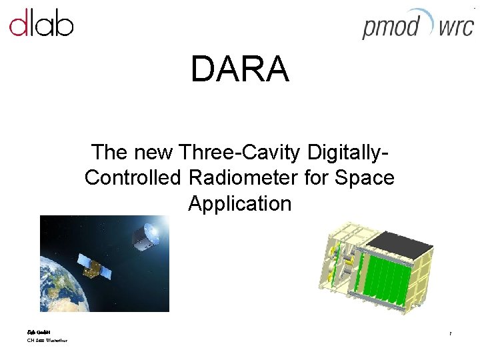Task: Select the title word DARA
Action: click(239, 69)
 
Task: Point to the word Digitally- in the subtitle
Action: click(348, 153)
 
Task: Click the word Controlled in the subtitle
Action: click(134, 178)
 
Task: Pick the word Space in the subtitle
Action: click(367, 178)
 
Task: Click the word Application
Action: click(239, 203)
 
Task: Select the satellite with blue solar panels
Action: click(94, 266)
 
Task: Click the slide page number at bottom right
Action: click(451, 333)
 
